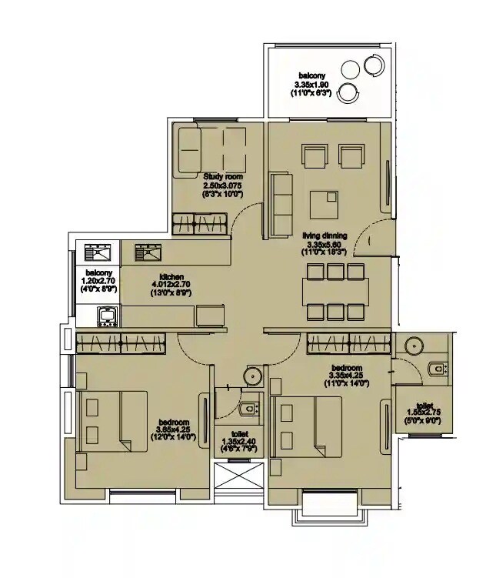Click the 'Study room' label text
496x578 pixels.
coord(223,176)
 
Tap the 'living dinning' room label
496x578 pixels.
coord(324,236)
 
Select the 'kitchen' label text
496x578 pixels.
coord(171,277)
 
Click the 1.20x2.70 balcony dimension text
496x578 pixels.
coord(98,282)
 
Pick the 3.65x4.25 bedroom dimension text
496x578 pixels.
coord(174,429)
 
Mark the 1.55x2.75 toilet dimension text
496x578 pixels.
coord(424,413)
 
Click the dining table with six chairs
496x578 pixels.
coord(335,292)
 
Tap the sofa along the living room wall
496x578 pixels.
coord(281,198)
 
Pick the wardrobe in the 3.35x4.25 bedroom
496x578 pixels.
coord(348,342)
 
